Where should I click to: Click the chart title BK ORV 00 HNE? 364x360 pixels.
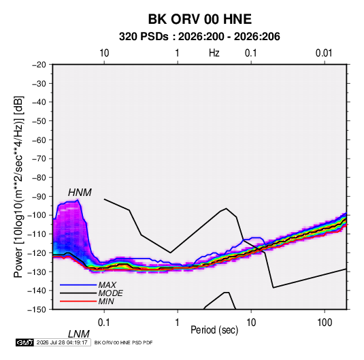coord(199,19)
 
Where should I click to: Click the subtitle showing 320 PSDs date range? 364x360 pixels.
coord(199,37)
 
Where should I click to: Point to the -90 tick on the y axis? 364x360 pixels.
coord(39,197)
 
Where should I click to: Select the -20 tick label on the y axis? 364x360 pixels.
coord(39,65)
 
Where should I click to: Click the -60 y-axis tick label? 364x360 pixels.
coord(39,140)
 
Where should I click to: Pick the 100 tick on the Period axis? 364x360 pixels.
coord(325,323)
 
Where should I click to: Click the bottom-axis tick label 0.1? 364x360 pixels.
coord(103,323)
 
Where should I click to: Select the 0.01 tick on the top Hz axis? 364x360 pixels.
coord(324,53)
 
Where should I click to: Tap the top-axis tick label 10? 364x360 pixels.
coord(104,53)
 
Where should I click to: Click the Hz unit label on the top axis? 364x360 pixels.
coord(214,53)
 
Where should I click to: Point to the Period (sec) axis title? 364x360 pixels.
coord(214,330)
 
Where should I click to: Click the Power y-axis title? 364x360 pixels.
coord(18,187)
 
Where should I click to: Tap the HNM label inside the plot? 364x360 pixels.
coord(80,193)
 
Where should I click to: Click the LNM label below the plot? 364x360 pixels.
coord(79,334)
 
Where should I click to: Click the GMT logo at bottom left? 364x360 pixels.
coord(25,342)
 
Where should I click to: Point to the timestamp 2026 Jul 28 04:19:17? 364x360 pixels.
coord(62,342)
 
